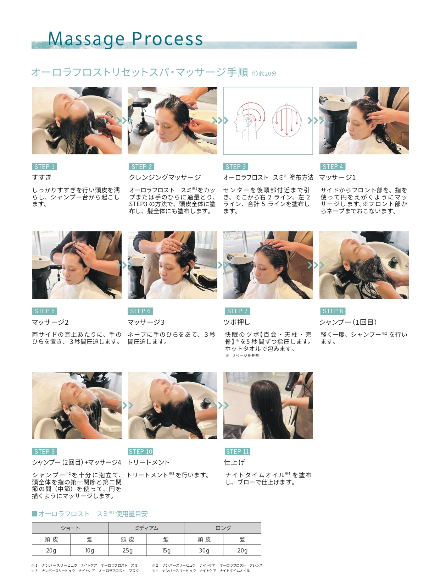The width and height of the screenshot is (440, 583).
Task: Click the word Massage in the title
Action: (x=86, y=39)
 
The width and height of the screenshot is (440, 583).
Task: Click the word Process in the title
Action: (x=167, y=39)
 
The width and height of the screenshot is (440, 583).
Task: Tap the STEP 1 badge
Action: (x=44, y=166)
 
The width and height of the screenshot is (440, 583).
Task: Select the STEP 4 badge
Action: (x=333, y=166)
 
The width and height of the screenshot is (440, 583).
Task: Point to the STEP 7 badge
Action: (x=237, y=311)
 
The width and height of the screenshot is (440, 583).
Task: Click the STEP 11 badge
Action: (x=237, y=451)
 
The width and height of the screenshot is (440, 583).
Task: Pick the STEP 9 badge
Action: (x=44, y=451)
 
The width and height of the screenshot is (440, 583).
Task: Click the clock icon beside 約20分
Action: (x=255, y=73)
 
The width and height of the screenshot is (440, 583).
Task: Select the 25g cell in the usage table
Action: (x=127, y=550)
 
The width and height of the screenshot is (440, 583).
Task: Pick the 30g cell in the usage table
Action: (x=204, y=550)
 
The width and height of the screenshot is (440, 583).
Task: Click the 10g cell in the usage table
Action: (x=89, y=550)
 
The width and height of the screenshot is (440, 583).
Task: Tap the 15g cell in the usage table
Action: (x=166, y=550)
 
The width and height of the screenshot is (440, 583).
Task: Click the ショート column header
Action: (x=70, y=528)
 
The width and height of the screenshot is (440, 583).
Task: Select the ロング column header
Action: (x=223, y=528)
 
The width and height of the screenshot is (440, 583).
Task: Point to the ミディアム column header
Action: (x=146, y=528)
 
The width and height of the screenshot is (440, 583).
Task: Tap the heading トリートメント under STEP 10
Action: (x=149, y=462)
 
